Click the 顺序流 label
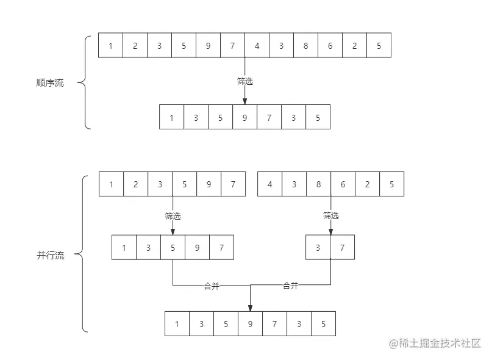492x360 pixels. (50, 83)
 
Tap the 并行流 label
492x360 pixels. (50, 256)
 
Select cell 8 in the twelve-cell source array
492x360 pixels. (305, 46)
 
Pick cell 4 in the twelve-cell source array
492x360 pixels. (257, 46)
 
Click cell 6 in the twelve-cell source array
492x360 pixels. (330, 46)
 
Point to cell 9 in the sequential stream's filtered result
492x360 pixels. (244, 117)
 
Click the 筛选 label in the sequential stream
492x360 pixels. (245, 81)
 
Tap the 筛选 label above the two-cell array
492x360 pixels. (331, 215)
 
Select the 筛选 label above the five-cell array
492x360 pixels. (173, 215)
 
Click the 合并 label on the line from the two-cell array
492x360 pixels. (291, 286)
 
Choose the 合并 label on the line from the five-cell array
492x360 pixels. (212, 286)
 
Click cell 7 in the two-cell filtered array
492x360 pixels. (342, 248)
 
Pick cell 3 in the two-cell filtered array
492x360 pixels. (318, 248)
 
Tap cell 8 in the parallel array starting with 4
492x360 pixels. (318, 184)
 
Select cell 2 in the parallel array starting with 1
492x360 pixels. (135, 184)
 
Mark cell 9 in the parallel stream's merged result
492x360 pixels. (250, 324)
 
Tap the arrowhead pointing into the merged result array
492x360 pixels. (250, 308)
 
